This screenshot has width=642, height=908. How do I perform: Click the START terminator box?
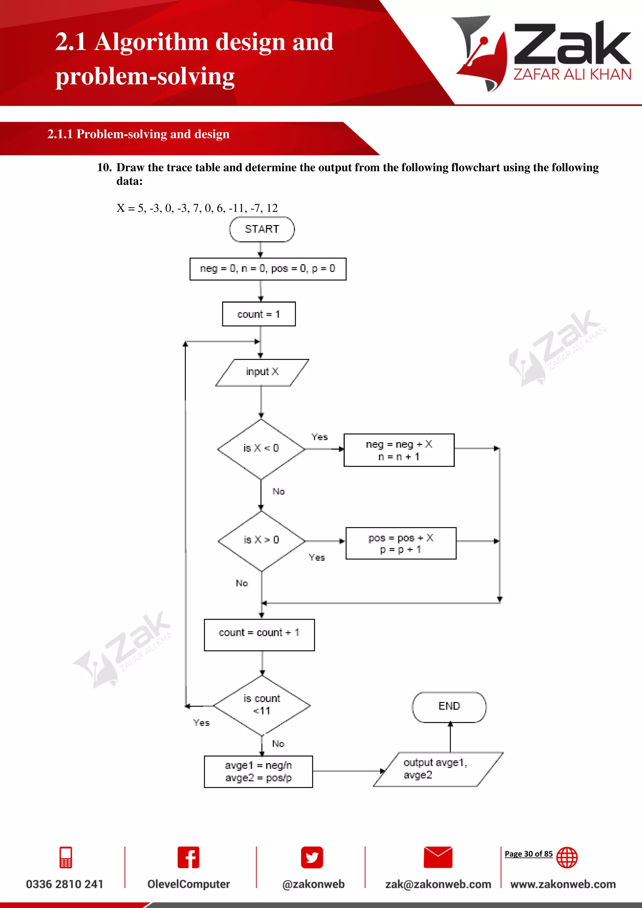point(262,230)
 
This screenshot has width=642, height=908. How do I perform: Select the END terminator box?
point(449,707)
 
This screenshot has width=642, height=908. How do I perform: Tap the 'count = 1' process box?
point(259,314)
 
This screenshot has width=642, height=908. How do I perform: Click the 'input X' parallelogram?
point(262,372)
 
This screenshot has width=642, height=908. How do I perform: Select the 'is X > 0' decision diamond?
point(261,541)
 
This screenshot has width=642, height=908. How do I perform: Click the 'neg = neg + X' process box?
point(399,450)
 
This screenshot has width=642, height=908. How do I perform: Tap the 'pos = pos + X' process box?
point(401,543)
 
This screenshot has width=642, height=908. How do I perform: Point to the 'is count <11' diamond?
point(262,705)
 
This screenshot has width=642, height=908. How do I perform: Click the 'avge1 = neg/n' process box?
point(258,772)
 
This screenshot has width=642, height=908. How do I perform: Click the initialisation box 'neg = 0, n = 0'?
point(268,269)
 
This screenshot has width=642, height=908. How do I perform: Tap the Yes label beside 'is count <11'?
point(201,723)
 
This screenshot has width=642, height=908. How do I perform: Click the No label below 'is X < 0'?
point(278,492)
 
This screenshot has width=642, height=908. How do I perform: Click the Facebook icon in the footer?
point(188,858)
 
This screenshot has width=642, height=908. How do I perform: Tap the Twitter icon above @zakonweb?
point(312,858)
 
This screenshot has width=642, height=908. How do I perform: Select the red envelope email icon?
point(438,858)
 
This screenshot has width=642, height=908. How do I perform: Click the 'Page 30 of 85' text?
point(529,854)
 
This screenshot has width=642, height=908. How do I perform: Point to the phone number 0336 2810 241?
point(65,884)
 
